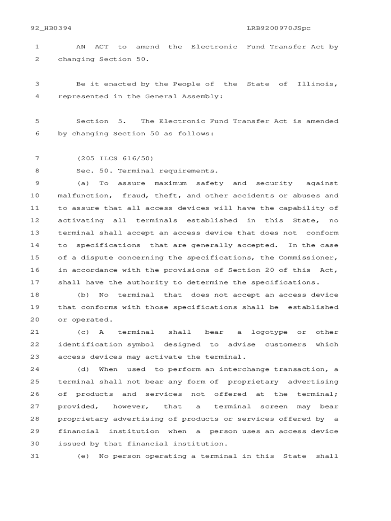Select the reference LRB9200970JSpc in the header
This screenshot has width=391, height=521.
click(279, 28)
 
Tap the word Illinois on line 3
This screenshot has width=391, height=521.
click(317, 84)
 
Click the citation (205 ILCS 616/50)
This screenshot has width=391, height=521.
click(115, 158)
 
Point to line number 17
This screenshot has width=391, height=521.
click(35, 282)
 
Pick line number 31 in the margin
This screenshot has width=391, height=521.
click(35, 456)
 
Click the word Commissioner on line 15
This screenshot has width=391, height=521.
click(311, 257)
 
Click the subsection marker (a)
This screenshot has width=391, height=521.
click(83, 183)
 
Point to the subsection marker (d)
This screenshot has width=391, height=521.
click(83, 369)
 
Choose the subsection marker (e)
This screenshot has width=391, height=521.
click(83, 456)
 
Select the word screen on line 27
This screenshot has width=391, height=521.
click(274, 407)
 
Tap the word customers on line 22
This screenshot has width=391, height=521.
click(285, 344)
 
